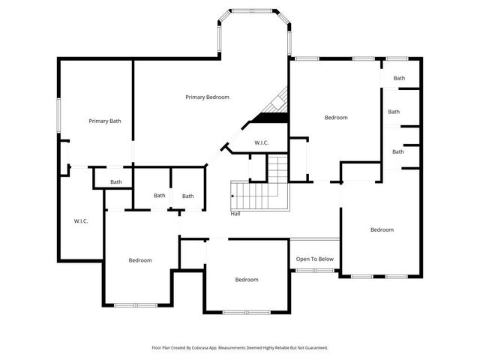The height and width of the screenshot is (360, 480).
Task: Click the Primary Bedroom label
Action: coord(207,97)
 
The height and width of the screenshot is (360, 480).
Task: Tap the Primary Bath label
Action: coord(105,121)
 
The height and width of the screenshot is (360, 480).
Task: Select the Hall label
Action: coord(235,214)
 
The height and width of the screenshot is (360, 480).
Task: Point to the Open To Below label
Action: coord(314,259)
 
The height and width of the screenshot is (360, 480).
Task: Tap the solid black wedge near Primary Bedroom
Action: coord(272,117)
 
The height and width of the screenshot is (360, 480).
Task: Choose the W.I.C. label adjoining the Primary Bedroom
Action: coord(261,142)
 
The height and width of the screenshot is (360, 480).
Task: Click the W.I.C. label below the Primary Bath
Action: coord(81,220)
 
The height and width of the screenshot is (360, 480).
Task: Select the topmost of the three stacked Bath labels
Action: coord(399,78)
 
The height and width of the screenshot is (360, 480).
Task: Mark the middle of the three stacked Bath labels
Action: coord(394,112)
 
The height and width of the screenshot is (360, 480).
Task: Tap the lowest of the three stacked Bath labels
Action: coord(398,151)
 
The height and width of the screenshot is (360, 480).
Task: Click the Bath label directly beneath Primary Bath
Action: coord(116,181)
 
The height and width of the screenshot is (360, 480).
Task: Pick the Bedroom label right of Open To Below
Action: coord(382,229)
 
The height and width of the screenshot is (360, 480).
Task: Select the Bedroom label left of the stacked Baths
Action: coord(336,117)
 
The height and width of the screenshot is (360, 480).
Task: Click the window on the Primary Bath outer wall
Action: coord(60,115)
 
